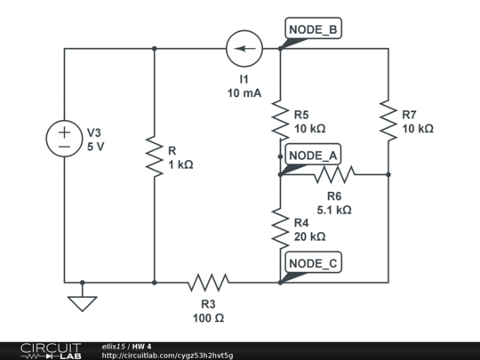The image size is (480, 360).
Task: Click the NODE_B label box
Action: tap(313, 30)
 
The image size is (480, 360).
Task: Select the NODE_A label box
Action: tap(313, 156)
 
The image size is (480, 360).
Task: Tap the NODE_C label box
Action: tap(313, 263)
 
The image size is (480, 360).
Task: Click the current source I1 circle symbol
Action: tap(244, 49)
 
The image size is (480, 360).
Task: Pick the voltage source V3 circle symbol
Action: tap(65, 139)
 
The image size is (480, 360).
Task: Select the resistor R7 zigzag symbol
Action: tap(388, 121)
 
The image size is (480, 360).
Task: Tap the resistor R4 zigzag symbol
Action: tap(280, 229)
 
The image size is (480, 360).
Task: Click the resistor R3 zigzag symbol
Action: tap(208, 283)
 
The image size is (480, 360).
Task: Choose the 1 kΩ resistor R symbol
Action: tap(155, 157)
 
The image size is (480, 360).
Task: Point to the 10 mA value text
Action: tap(244, 92)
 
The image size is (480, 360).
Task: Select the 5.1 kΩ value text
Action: tap(334, 211)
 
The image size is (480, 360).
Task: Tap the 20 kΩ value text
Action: tap(308, 236)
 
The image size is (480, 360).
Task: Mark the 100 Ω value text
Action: tap(208, 318)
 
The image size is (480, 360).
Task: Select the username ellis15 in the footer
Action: tap(115, 346)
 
